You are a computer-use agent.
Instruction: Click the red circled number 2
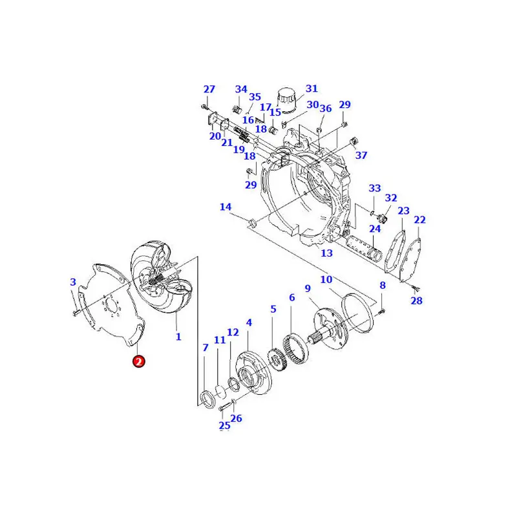139,361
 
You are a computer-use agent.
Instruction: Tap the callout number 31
311,89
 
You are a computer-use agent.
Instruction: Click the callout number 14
225,207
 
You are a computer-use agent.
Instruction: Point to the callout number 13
326,253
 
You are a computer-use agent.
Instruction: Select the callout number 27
209,89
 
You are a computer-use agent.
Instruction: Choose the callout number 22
419,220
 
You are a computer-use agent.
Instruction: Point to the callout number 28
416,301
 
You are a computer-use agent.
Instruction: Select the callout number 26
237,418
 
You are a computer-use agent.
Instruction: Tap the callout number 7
206,348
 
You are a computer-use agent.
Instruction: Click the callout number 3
73,282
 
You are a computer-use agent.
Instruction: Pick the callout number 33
375,188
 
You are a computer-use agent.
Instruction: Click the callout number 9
308,288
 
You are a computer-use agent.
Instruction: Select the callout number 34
241,89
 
